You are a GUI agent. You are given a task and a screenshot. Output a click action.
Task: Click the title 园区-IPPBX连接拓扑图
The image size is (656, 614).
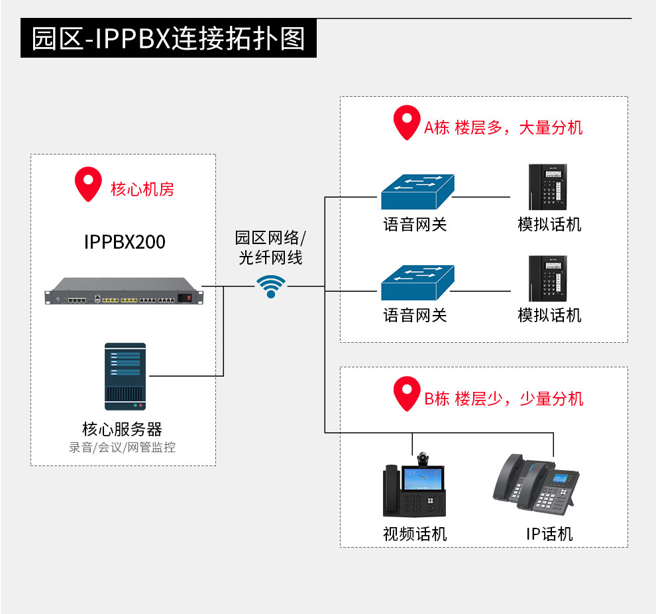pyautogui.click(x=168, y=38)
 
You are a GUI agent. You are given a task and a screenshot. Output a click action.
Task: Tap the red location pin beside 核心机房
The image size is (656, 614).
pyautogui.click(x=87, y=184)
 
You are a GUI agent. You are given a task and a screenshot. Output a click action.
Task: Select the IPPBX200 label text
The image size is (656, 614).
pyautogui.click(x=125, y=242)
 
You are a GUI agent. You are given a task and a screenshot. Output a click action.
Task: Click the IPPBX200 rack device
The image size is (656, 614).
pyautogui.click(x=124, y=292)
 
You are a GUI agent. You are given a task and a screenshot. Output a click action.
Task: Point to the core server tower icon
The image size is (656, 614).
pyautogui.click(x=125, y=376)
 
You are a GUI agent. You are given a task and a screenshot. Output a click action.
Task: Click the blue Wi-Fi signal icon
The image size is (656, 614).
pyautogui.click(x=271, y=286)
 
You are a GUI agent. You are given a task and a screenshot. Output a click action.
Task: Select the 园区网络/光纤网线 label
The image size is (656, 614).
pyautogui.click(x=270, y=247)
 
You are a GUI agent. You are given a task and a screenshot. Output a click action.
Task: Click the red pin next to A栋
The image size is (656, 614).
pyautogui.click(x=406, y=122)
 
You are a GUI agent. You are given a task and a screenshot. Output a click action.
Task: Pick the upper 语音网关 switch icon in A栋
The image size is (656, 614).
pyautogui.click(x=417, y=192)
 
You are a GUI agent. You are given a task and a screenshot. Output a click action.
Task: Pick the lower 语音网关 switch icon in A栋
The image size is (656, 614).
pyautogui.click(x=417, y=283)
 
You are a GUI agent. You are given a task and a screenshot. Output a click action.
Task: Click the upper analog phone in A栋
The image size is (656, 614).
pyautogui.click(x=549, y=188)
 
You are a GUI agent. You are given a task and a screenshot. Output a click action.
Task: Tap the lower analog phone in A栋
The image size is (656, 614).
pyautogui.click(x=549, y=279)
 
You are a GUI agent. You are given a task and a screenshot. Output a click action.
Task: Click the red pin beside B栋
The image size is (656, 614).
pyautogui.click(x=406, y=393)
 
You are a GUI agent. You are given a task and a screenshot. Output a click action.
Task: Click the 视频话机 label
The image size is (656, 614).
pyautogui.click(x=415, y=534)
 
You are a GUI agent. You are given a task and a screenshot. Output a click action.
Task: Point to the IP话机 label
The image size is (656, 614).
pyautogui.click(x=549, y=534)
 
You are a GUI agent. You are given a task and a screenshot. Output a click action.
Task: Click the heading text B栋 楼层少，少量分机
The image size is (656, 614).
pyautogui.click(x=504, y=399)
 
